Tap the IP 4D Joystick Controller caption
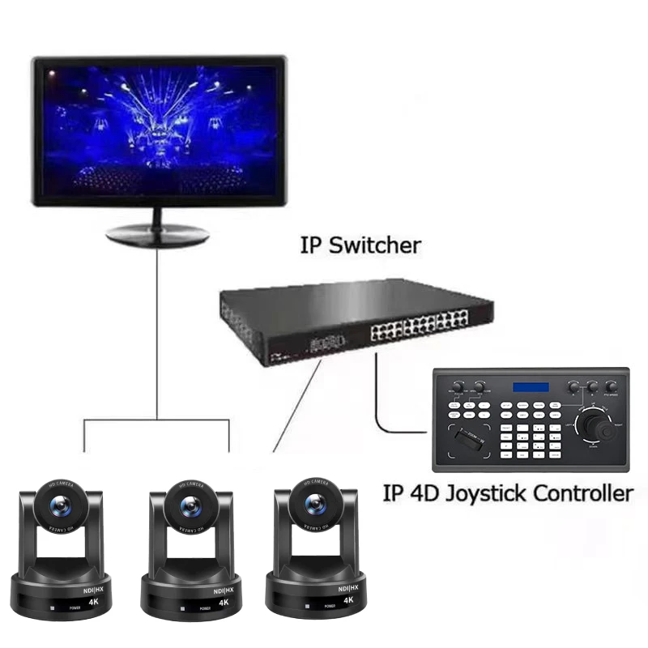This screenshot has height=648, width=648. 507,492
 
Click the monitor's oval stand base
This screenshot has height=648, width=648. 158,234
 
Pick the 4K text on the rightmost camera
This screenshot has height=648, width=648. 348,600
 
